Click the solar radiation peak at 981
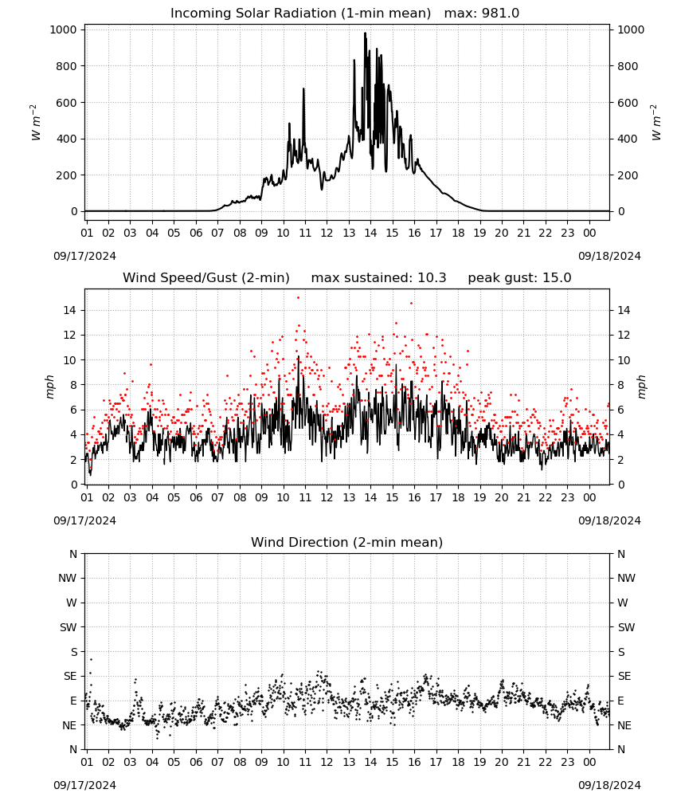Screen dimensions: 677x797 click(365, 33)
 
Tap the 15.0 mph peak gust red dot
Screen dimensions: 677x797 click(298, 298)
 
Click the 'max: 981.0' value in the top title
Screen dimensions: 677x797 click(482, 14)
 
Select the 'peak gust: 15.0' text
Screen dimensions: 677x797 click(519, 278)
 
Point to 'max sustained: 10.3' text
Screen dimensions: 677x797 click(378, 278)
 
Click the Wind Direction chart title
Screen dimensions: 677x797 click(347, 542)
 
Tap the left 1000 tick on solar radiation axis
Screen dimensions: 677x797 click(63, 30)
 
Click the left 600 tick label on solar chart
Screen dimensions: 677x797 click(67, 103)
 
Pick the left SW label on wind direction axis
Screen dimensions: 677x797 click(68, 627)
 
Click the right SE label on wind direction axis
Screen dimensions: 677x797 click(624, 676)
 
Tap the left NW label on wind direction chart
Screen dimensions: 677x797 click(68, 578)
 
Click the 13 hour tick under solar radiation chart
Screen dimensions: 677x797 click(349, 233)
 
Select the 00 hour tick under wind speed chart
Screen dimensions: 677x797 click(589, 497)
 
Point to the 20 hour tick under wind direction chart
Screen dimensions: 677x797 click(502, 762)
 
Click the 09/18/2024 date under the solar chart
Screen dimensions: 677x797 click(609, 256)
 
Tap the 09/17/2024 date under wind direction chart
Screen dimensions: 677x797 click(84, 785)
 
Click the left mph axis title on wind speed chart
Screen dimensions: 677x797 click(49, 387)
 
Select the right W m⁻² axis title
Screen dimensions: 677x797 click(656, 123)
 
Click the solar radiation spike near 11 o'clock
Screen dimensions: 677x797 click(303, 89)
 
